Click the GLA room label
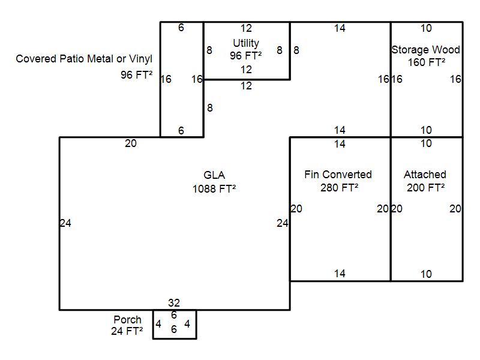pos(214,175)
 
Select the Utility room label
pos(246,43)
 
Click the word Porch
pos(127,320)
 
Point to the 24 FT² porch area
pos(127,331)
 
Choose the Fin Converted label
pos(338,175)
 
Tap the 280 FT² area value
pos(340,187)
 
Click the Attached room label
pos(425,175)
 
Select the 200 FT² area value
pos(426,187)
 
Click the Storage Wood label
pos(425,50)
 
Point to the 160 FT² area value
pos(426,62)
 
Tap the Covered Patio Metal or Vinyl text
pos(84,59)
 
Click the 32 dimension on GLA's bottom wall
pos(174,303)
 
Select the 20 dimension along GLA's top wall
pos(130,143)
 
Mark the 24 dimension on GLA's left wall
pos(65,223)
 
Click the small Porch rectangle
pos(174,325)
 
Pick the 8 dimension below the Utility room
pos(209,108)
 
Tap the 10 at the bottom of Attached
pos(426,274)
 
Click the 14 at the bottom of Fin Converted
pos(340,274)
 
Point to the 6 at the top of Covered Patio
pos(181,28)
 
